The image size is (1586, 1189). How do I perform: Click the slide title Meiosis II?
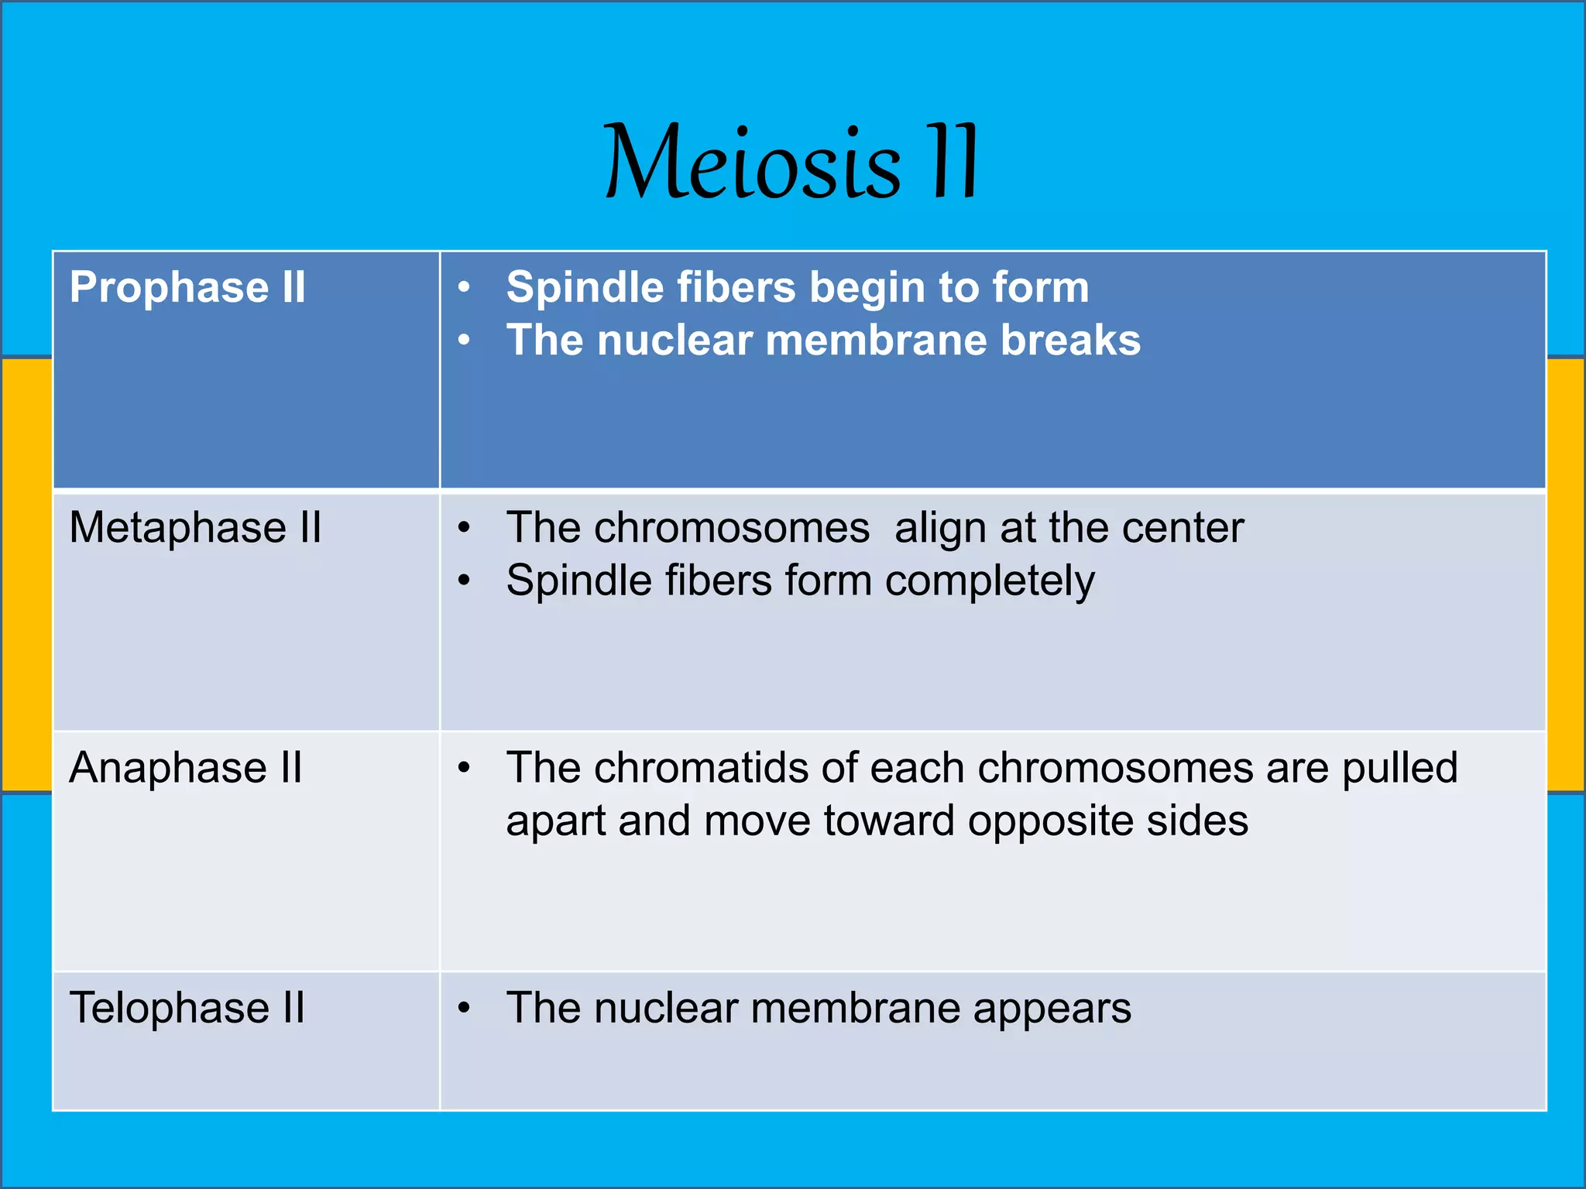tap(791, 163)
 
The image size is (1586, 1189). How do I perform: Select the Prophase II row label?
tap(187, 288)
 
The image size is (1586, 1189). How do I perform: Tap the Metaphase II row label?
tap(195, 528)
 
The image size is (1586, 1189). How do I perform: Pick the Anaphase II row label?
tap(186, 768)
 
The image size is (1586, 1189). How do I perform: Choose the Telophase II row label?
tap(187, 1008)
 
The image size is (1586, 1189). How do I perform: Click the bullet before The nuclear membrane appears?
tap(464, 1008)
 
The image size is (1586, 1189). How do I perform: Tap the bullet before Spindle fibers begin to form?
tap(464, 288)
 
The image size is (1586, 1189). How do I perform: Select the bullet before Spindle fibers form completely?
tap(464, 581)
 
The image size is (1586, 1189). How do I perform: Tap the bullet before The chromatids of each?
tap(464, 768)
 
